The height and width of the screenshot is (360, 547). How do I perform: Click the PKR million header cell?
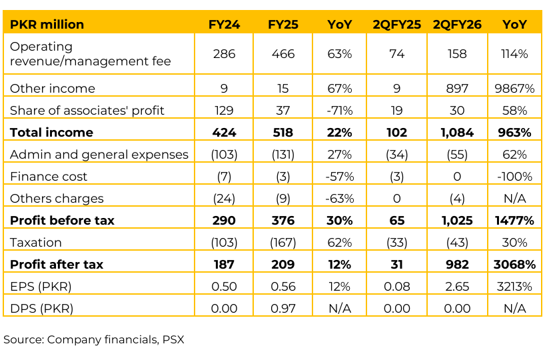coord(47,25)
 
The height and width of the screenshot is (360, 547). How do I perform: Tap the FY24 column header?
coord(225,25)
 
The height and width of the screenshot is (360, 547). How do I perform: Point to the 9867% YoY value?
coord(514,89)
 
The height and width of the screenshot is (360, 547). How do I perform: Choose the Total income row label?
coord(51,133)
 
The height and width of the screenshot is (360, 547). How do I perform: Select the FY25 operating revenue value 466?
coord(283,54)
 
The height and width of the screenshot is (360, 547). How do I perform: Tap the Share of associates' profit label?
coord(87,111)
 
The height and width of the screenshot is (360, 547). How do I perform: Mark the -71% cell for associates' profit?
coord(340,111)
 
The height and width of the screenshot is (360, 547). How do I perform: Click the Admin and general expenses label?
coord(99,155)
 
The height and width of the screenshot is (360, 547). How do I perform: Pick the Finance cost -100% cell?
coord(514,177)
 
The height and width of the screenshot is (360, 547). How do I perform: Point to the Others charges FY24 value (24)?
coord(225,199)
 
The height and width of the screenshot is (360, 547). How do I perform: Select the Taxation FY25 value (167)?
coord(283,243)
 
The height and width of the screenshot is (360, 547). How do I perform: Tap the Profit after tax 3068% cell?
coord(514,265)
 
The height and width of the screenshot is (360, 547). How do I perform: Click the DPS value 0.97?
coord(283,309)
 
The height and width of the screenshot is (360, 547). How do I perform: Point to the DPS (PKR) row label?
coord(41,309)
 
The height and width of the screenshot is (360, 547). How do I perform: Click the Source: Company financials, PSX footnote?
coord(93,339)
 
